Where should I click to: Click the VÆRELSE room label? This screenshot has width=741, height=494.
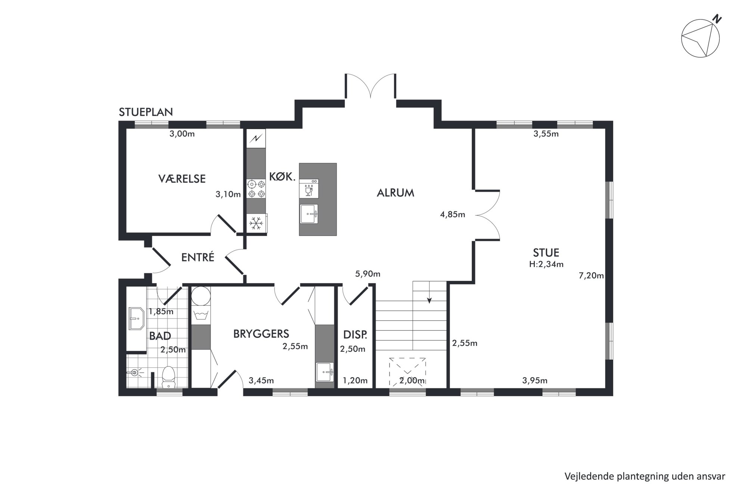click(182, 179)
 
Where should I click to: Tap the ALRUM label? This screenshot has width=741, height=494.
click(396, 193)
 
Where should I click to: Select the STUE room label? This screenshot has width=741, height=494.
click(546, 253)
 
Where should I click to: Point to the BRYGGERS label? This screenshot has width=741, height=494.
click(261, 334)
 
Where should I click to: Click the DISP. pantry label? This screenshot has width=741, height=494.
click(355, 335)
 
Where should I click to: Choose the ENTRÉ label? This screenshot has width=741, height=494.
click(198, 257)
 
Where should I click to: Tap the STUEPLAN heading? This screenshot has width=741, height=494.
click(146, 112)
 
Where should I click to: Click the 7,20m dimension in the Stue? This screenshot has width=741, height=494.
click(591, 276)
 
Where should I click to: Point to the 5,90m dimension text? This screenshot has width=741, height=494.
click(368, 274)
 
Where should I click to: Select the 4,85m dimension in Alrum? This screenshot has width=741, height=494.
click(452, 215)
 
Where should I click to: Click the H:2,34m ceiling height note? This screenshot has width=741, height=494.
click(546, 264)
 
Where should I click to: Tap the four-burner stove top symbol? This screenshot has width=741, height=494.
click(256, 189)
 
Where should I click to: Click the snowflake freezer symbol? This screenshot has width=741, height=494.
click(256, 223)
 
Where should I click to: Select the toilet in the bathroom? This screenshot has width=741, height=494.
click(169, 377)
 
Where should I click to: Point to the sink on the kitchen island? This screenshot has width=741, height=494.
click(309, 214)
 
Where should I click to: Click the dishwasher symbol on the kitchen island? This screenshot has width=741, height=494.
click(309, 189)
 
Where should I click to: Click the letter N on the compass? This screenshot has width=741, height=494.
click(717, 19)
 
